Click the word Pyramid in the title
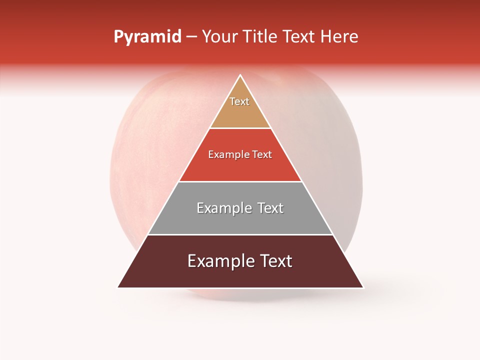pyautogui.click(x=147, y=37)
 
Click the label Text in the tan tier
pyautogui.click(x=239, y=101)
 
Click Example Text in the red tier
pyautogui.click(x=240, y=154)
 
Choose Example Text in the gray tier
pyautogui.click(x=240, y=208)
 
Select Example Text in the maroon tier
pyautogui.click(x=240, y=261)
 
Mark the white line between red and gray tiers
pyautogui.click(x=240, y=181)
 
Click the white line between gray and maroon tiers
pyautogui.click(x=240, y=234)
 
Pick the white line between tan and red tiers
pyautogui.click(x=240, y=128)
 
